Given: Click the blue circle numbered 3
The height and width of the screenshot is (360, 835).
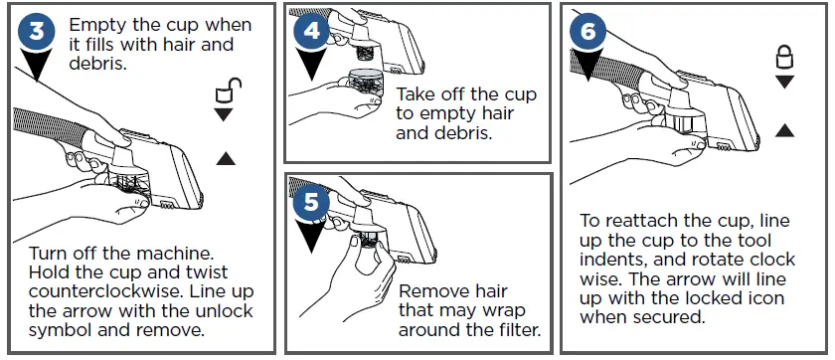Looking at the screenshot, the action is coord(36,31).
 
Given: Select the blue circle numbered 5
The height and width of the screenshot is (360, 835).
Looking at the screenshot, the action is coord(311,201).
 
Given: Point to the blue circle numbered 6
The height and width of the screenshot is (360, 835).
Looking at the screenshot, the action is coord(587,31).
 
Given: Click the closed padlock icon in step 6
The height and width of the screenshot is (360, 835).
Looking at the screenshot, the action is coord(784,57).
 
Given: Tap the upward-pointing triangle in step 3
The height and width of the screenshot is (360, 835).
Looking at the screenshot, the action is coord(226,158).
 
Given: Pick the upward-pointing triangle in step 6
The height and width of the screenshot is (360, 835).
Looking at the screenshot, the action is coord(784,130).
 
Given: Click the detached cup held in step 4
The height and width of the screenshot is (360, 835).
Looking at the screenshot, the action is coord(366,82).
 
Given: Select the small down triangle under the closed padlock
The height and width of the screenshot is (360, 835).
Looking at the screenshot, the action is coord(784,82).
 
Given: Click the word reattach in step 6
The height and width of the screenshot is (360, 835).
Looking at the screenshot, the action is coord(643,220).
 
